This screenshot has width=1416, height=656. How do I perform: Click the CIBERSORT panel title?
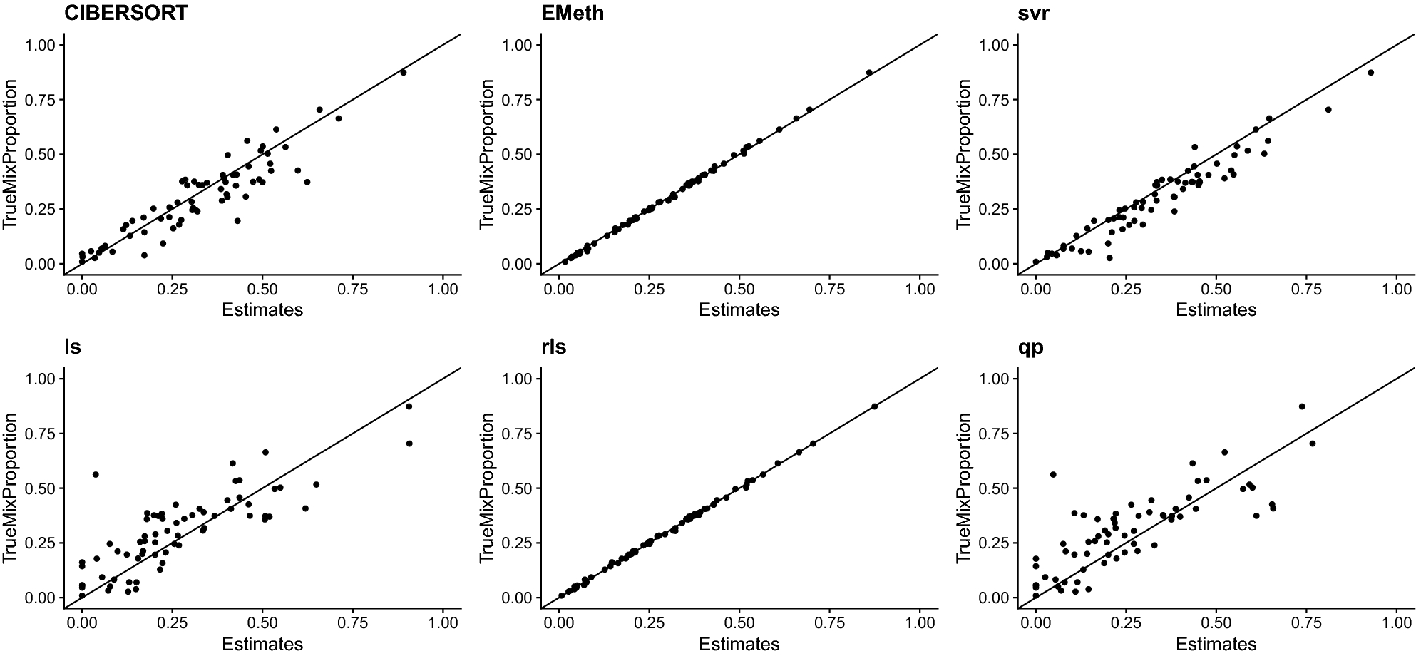tap(125, 13)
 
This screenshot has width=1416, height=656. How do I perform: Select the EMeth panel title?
tap(572, 13)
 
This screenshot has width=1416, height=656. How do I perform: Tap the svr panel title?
tap(1035, 13)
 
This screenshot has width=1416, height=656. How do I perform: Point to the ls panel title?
tap(72, 347)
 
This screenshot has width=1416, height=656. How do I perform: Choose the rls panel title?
tap(553, 347)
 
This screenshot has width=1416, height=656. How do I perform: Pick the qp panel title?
tap(1032, 347)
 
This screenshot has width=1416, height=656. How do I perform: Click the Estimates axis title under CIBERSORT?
tap(262, 309)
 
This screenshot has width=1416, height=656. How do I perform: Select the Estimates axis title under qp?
tap(1216, 644)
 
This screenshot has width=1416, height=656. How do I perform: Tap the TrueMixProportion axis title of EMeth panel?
tap(487, 154)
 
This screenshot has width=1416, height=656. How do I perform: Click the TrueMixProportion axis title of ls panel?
tap(11, 488)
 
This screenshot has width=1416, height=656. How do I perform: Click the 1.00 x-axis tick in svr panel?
tap(1396, 289)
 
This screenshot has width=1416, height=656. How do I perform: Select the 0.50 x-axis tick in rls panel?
tap(739, 622)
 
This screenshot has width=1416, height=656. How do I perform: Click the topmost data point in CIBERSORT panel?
tap(403, 73)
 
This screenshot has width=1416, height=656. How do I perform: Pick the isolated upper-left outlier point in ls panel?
tap(96, 474)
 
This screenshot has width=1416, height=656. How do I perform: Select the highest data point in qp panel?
tap(1301, 406)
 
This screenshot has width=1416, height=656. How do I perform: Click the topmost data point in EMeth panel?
tap(869, 73)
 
